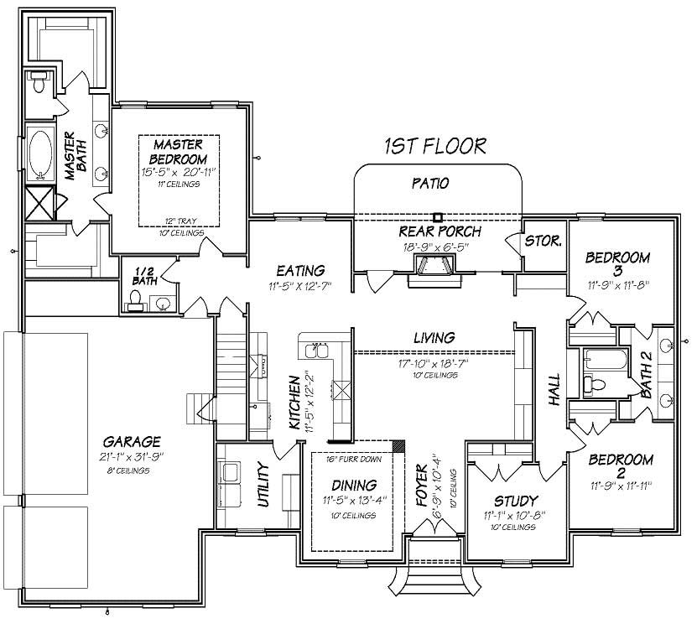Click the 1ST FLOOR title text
pyautogui.click(x=435, y=146)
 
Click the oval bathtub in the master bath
pyautogui.click(x=39, y=153)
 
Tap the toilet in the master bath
pyautogui.click(x=38, y=83)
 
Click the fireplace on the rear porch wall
pyautogui.click(x=434, y=269)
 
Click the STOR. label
pyautogui.click(x=543, y=241)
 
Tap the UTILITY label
pyautogui.click(x=263, y=486)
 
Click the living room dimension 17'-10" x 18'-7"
pyautogui.click(x=434, y=363)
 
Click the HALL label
pyautogui.click(x=554, y=389)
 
